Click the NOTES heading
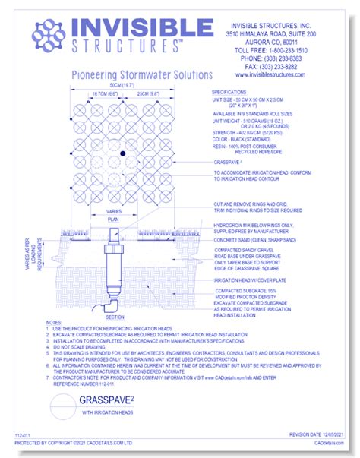[x=54, y=324]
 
